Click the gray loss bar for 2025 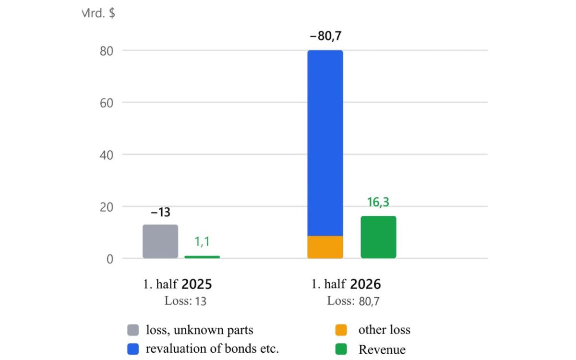coord(160,241)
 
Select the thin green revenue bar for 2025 coord(202,257)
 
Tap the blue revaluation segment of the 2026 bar coord(325,143)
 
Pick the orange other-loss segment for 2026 coord(325,247)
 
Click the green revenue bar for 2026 coord(378,237)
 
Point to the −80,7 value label coord(325,36)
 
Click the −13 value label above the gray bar coord(160,212)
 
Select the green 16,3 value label coord(378,202)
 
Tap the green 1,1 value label coord(202,241)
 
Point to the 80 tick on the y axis coord(107,51)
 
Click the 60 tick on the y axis coord(107,103)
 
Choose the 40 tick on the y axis coord(107,156)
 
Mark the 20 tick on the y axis coord(107,207)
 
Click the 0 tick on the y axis coord(110,259)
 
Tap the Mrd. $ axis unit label coord(98,13)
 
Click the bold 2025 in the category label coord(197,284)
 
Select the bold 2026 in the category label coord(365,284)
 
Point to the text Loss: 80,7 coord(353,301)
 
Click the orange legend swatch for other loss coord(341,330)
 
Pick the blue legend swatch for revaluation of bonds coord(133,349)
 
